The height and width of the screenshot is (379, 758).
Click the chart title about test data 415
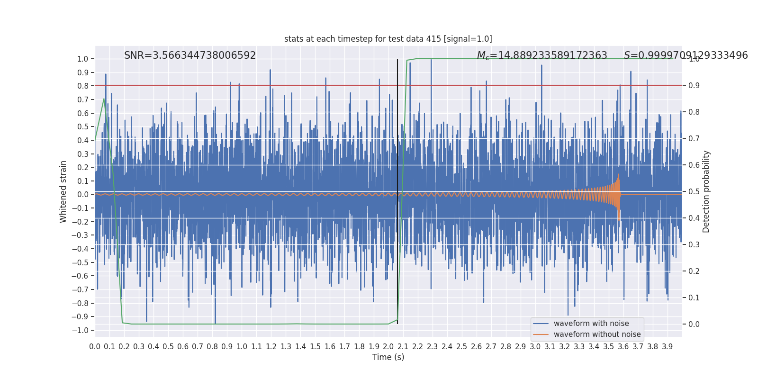[388, 39]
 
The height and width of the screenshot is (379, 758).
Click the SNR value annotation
[190, 55]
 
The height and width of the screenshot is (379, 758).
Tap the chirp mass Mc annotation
[542, 55]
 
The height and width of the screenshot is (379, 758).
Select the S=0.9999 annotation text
[686, 55]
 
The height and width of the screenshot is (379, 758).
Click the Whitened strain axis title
[63, 191]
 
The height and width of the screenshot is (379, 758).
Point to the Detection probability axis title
[706, 191]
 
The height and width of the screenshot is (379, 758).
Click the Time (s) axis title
[388, 357]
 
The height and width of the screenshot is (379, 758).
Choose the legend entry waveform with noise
[591, 324]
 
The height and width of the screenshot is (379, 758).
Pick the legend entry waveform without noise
[597, 334]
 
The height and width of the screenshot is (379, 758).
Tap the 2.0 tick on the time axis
[388, 347]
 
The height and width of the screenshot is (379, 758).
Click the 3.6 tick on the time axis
[623, 347]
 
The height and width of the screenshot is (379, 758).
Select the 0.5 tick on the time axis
[168, 347]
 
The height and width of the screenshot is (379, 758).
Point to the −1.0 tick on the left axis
[82, 330]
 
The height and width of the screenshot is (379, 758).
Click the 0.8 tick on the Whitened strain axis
[83, 86]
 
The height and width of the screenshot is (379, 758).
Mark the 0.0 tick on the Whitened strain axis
[83, 194]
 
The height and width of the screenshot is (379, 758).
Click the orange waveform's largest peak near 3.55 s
[619, 175]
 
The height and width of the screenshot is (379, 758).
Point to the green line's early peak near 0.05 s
[104, 99]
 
